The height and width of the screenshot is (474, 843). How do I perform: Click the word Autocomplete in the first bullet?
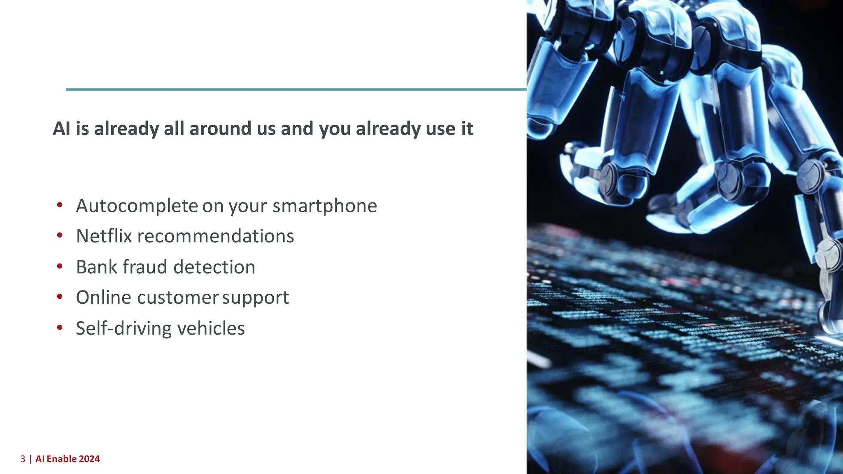tap(137, 206)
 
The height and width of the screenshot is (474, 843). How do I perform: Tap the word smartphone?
tap(324, 206)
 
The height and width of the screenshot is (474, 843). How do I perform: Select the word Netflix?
tap(104, 236)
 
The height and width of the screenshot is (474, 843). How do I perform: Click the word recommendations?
tap(216, 236)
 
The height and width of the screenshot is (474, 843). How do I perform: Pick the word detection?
tap(214, 267)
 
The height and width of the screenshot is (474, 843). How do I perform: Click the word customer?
tap(178, 297)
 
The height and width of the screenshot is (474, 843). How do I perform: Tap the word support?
tap(255, 297)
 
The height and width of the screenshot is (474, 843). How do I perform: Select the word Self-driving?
tap(124, 328)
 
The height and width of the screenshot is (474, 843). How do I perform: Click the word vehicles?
tap(211, 328)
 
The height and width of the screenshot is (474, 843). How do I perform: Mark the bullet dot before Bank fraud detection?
tap(60, 266)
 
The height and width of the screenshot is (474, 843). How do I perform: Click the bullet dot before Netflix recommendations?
tap(60, 235)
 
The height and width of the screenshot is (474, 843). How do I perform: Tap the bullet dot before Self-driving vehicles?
tap(60, 328)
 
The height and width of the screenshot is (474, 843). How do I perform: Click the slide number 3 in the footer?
tap(23, 459)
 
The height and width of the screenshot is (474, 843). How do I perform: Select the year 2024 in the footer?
tap(89, 459)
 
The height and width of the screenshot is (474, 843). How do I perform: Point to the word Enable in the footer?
tap(62, 459)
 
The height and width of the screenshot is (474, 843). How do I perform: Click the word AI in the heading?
tap(62, 128)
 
